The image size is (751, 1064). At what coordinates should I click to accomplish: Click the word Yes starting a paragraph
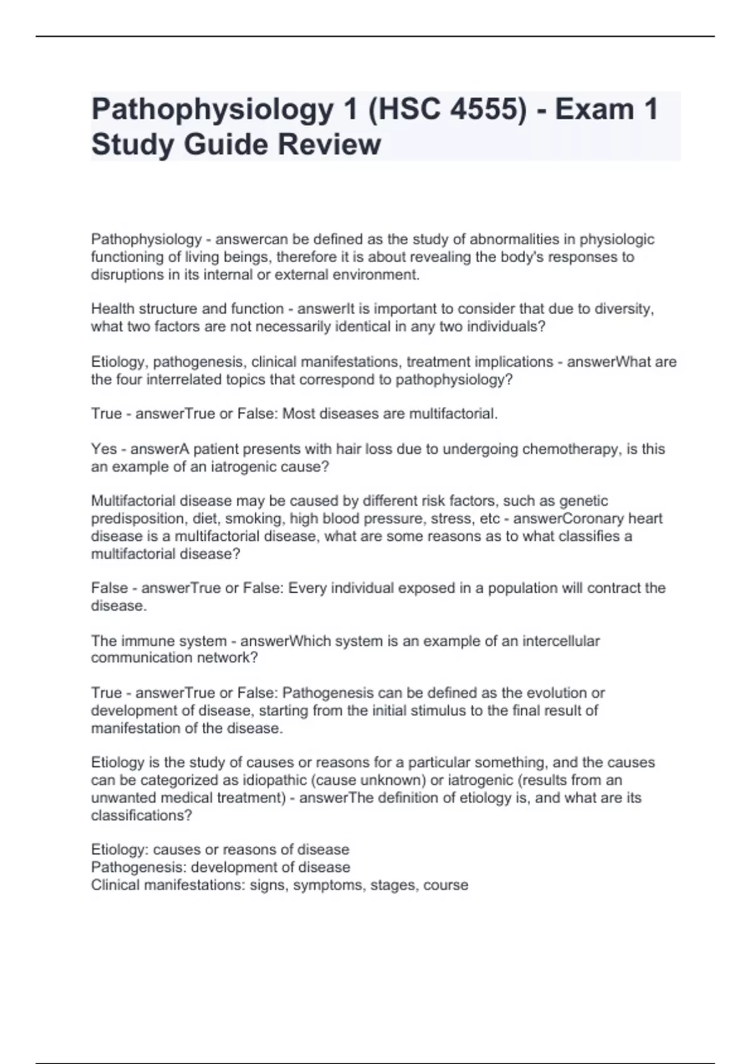(x=104, y=449)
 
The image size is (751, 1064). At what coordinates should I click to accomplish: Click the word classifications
(x=141, y=815)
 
